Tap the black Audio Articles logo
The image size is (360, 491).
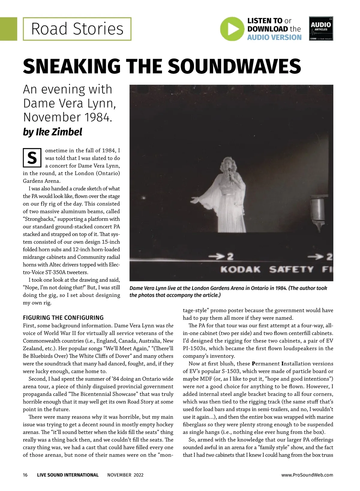pyautogui.click(x=321, y=28)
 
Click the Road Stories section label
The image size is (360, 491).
pyautogui.click(x=77, y=29)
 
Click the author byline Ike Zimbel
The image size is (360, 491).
pyautogui.click(x=52, y=132)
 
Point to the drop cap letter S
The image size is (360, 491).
pyautogui.click(x=32, y=158)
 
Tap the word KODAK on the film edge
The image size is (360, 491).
pyautogui.click(x=241, y=269)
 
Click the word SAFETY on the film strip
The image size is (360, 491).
pyautogui.click(x=291, y=269)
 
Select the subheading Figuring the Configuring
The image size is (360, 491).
pyautogui.click(x=63, y=318)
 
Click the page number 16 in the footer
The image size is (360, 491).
pyautogui.click(x=25, y=475)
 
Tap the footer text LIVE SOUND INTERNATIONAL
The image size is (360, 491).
pyautogui.click(x=68, y=475)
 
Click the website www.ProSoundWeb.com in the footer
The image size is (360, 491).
pyautogui.click(x=307, y=475)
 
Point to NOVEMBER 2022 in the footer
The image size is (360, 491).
pyautogui.click(x=125, y=475)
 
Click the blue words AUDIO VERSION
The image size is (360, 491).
pyautogui.click(x=274, y=37)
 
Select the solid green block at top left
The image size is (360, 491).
pyautogui.click(x=8, y=29)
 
